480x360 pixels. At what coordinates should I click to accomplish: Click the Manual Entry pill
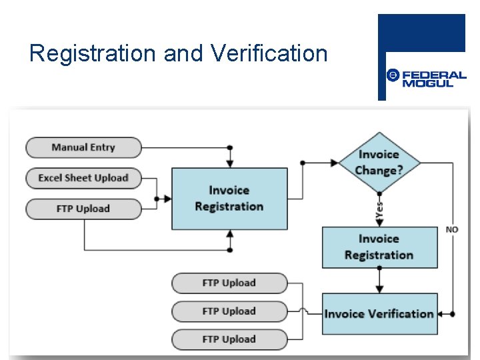[83, 147]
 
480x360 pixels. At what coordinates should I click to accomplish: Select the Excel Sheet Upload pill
[83, 178]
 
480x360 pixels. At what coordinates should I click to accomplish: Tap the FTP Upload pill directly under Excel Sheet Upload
[83, 209]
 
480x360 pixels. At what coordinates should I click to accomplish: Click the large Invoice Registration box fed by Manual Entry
[229, 199]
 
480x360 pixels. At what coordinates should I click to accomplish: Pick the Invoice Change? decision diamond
[379, 162]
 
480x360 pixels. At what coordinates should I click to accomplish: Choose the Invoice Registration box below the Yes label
[379, 247]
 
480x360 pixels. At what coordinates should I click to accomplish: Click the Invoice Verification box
[379, 313]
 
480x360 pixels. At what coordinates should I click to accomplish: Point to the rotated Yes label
[379, 211]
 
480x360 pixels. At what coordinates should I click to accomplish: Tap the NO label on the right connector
[452, 229]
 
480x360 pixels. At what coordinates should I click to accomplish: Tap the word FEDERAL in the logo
[434, 75]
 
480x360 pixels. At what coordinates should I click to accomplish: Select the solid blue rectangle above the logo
[421, 33]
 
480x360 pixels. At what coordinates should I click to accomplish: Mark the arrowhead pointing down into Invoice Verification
[379, 289]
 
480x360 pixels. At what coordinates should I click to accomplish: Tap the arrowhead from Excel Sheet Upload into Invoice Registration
[168, 199]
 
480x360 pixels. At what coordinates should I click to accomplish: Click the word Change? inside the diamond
[379, 171]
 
